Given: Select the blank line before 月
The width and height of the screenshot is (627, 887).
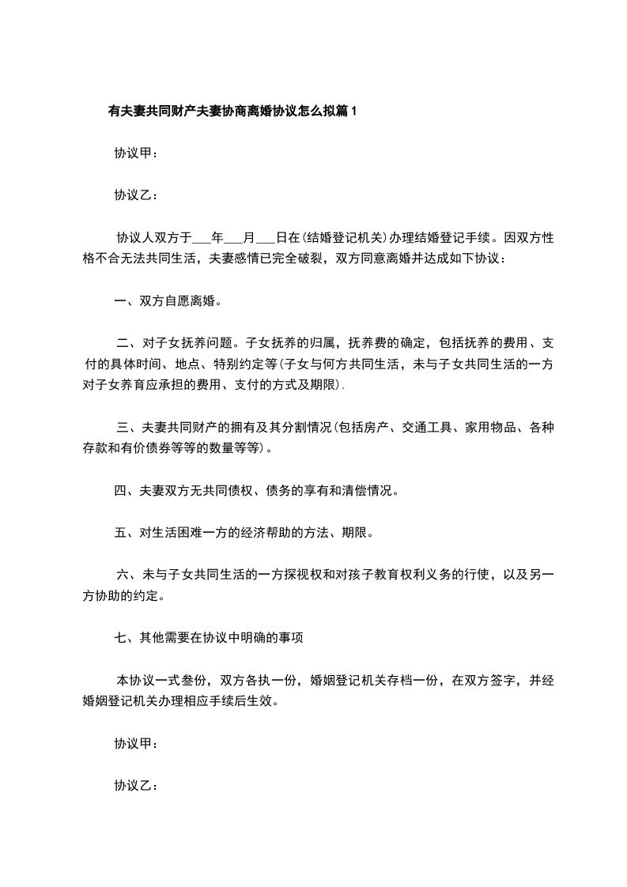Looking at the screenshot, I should (x=235, y=236).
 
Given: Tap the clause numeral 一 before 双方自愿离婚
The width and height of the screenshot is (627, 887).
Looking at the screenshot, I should (x=120, y=300).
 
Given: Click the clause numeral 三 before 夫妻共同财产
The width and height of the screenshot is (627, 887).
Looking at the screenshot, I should (x=122, y=428).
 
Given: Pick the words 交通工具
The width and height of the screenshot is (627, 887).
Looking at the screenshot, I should (x=430, y=428).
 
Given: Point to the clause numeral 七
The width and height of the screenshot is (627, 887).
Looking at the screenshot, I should (x=120, y=638).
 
